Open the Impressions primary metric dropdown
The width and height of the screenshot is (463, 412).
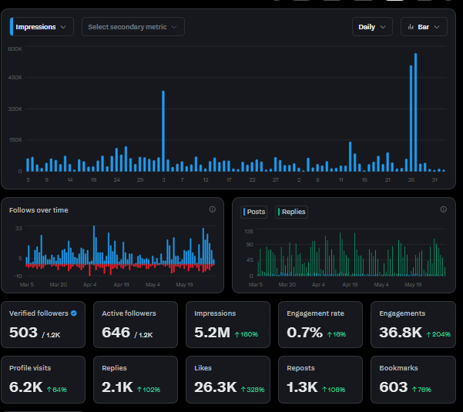pyautogui.click(x=42, y=27)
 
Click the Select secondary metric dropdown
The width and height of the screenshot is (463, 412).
pyautogui.click(x=133, y=27)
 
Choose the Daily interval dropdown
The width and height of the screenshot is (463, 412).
pyautogui.click(x=372, y=27)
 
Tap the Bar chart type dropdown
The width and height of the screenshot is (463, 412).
pyautogui.click(x=424, y=27)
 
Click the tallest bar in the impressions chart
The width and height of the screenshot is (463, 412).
pyautogui.click(x=415, y=112)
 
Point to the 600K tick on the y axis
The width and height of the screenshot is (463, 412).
pyautogui.click(x=15, y=49)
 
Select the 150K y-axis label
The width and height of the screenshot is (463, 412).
pyautogui.click(x=15, y=140)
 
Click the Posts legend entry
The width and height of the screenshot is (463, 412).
pyautogui.click(x=254, y=212)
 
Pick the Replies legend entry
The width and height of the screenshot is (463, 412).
pyautogui.click(x=291, y=212)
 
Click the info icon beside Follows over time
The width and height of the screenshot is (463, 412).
pyautogui.click(x=213, y=209)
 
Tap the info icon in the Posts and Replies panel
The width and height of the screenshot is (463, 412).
pyautogui.click(x=443, y=209)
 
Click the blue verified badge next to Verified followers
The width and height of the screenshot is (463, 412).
pyautogui.click(x=74, y=313)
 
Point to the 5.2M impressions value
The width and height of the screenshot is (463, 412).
pyautogui.click(x=212, y=333)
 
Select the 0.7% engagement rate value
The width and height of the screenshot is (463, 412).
pyautogui.click(x=304, y=333)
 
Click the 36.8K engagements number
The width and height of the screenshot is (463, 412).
pyautogui.click(x=401, y=333)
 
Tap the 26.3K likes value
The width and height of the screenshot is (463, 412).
pyautogui.click(x=216, y=387)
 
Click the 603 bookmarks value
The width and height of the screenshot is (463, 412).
pyautogui.click(x=394, y=387)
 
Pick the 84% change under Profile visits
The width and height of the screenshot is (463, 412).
pyautogui.click(x=57, y=390)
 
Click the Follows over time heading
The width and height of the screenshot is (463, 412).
pyautogui.click(x=39, y=210)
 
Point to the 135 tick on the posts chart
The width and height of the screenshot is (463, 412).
pyautogui.click(x=249, y=231)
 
